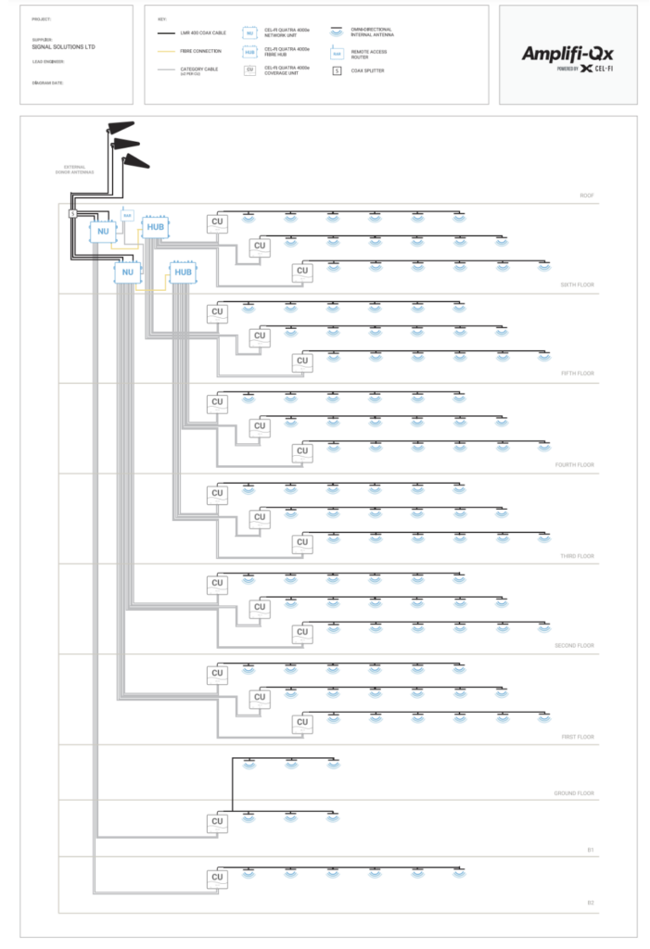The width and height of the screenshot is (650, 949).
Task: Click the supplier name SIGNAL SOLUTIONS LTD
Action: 63,46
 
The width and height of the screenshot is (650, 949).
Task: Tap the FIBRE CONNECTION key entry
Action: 202,51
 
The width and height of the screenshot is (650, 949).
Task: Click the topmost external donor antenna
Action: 121,129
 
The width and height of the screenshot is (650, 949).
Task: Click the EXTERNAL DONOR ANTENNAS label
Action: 73,170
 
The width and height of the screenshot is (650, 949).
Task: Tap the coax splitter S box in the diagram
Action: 72,215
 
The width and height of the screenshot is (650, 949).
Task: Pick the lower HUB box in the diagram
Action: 183,272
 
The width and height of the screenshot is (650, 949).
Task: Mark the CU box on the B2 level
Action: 217,877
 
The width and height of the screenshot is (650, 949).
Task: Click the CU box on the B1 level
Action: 217,821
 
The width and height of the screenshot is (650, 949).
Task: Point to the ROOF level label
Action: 585,196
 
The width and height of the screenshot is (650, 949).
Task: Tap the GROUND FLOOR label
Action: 573,794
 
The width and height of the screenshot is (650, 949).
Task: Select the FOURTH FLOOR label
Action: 574,465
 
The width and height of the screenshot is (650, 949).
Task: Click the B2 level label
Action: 590,903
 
